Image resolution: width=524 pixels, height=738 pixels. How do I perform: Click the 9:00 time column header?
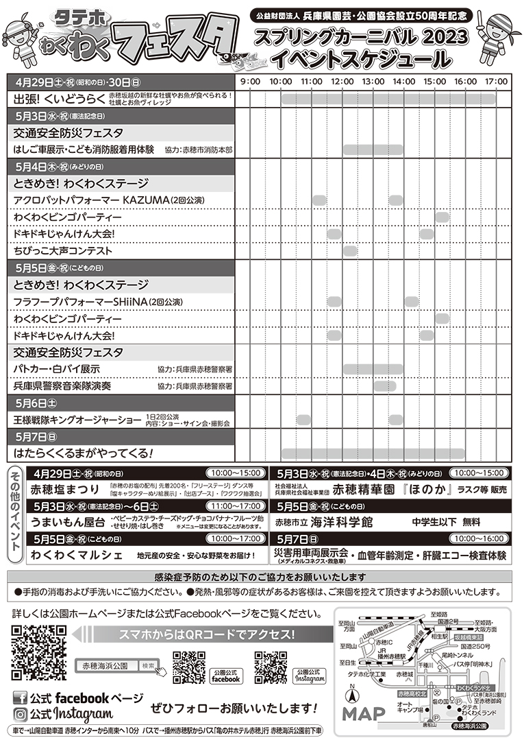tap(250, 82)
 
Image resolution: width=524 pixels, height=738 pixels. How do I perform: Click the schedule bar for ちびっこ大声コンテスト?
tap(351, 250)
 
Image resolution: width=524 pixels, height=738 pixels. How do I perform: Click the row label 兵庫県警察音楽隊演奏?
tap(62, 385)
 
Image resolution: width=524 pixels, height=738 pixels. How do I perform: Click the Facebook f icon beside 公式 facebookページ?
tap(21, 698)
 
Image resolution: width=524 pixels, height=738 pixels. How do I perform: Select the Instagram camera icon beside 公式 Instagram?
tap(21, 715)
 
